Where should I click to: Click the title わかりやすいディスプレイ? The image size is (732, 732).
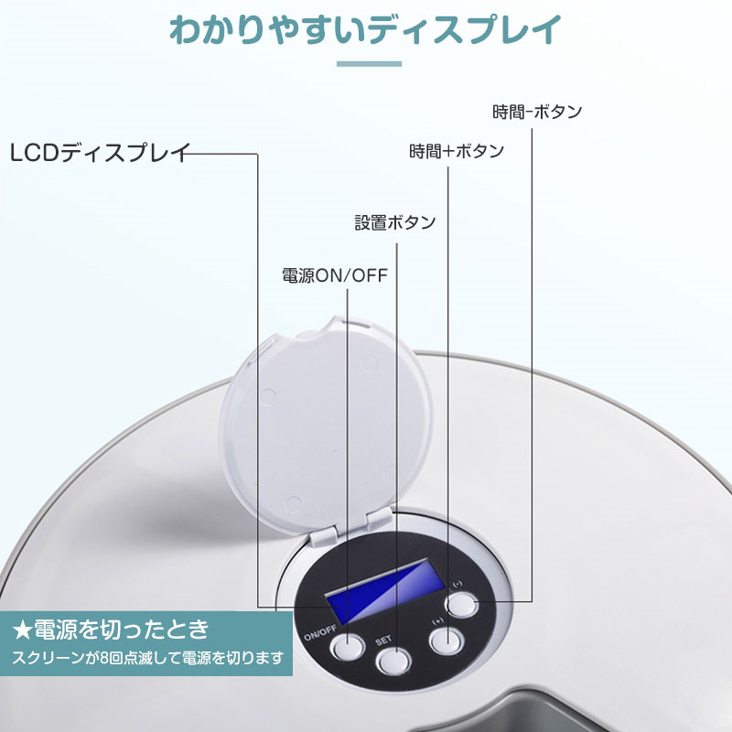(365, 30)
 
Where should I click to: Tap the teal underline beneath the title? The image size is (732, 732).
(369, 63)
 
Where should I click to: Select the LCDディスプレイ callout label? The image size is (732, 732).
(100, 153)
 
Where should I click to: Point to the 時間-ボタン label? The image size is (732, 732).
(537, 112)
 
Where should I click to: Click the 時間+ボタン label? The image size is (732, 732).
(457, 151)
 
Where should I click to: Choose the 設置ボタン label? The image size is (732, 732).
(395, 222)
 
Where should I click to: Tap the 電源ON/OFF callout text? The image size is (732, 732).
(335, 275)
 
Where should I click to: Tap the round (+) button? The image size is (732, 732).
(447, 641)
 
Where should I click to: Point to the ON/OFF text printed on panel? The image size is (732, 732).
(320, 633)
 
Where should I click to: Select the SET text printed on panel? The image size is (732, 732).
(383, 640)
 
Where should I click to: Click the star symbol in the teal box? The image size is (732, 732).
(22, 630)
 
